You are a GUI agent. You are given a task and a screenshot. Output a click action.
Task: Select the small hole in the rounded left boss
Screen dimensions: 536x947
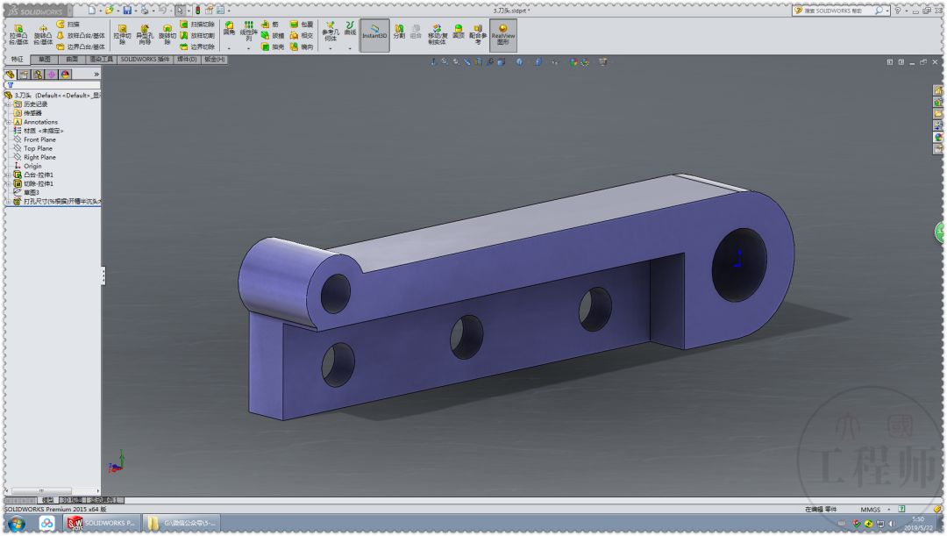pos(335,293)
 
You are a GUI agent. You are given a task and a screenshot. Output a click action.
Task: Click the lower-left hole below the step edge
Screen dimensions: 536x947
pos(338,365)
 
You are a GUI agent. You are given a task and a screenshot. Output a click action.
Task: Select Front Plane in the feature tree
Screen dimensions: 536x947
pos(39,139)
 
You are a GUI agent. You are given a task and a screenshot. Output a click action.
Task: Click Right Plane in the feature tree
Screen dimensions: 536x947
pos(39,157)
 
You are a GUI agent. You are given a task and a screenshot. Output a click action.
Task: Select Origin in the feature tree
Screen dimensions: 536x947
pos(32,166)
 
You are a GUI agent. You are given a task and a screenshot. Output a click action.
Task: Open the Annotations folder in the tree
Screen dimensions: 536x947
pos(40,122)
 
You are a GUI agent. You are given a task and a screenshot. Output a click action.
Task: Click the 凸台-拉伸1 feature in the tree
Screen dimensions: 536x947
pos(39,175)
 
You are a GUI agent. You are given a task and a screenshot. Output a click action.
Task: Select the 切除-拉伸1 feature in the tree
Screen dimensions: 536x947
pos(39,183)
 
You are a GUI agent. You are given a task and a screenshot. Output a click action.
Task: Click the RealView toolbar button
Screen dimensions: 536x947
pos(502,35)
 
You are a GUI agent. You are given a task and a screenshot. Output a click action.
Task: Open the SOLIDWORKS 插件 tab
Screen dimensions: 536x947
pos(145,60)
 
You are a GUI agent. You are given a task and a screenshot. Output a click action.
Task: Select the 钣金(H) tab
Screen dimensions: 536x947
pos(214,60)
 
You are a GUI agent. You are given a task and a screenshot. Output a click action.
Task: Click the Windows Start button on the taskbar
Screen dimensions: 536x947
pos(16,524)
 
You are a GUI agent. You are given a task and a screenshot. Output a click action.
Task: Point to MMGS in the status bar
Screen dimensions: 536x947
pos(870,509)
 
